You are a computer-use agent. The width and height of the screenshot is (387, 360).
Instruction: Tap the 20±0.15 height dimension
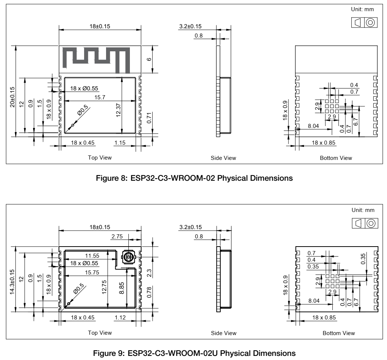coord(12,97)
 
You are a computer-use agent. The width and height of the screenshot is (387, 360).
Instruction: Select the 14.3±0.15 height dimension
coord(12,281)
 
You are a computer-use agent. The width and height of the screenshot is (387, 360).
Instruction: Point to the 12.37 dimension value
coord(118,110)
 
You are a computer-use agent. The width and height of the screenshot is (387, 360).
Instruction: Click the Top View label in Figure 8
coord(100,158)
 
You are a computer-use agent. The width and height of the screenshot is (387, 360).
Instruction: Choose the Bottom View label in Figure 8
coord(336,158)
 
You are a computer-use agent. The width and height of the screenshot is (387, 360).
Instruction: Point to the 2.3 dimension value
coord(149,273)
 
